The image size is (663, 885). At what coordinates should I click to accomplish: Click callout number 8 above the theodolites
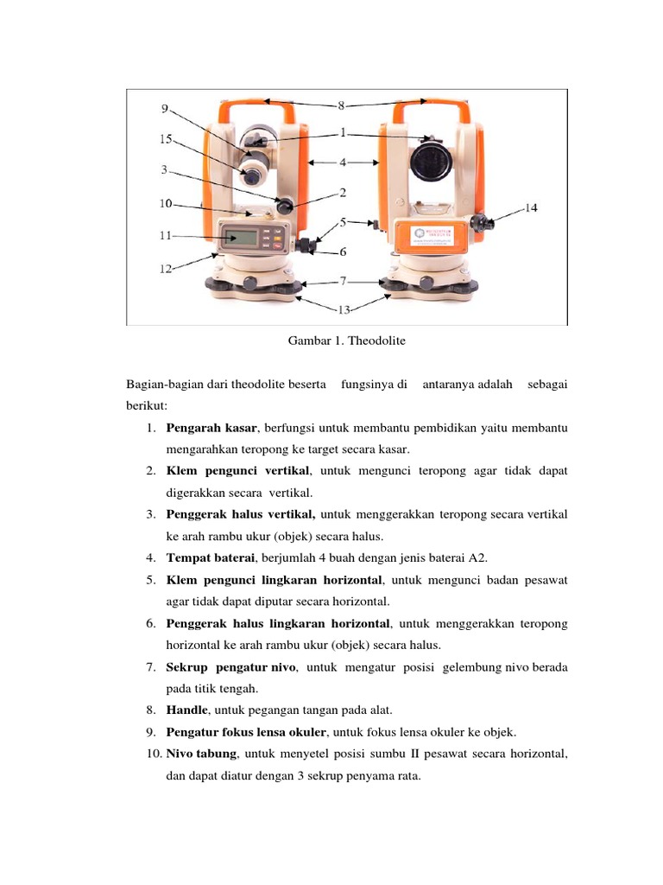pyautogui.click(x=341, y=105)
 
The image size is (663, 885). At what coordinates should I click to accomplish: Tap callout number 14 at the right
pyautogui.click(x=530, y=207)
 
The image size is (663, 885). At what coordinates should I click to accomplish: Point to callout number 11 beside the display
pyautogui.click(x=167, y=234)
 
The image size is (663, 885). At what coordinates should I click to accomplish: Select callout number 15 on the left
pyautogui.click(x=166, y=138)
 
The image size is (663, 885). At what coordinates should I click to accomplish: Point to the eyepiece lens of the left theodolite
pyautogui.click(x=250, y=175)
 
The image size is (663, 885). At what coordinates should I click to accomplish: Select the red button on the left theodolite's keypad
pyautogui.click(x=277, y=245)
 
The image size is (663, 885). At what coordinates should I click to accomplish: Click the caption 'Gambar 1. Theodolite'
pyautogui.click(x=346, y=341)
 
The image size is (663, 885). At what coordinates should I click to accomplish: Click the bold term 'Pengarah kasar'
pyautogui.click(x=209, y=429)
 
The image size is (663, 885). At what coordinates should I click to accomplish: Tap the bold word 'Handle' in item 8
pyautogui.click(x=186, y=710)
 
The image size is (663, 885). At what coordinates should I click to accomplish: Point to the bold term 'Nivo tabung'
pyautogui.click(x=200, y=754)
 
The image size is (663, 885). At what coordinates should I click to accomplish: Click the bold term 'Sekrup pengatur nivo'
pyautogui.click(x=230, y=667)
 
